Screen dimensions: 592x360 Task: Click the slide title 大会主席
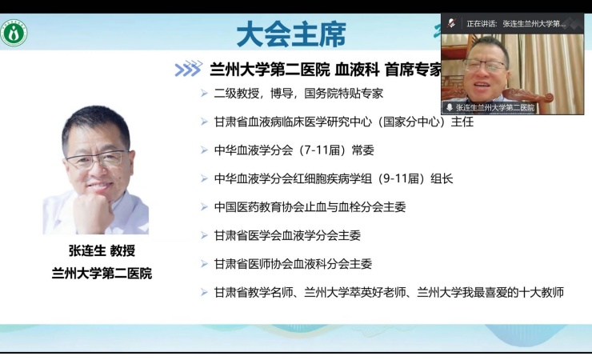pos(291,34)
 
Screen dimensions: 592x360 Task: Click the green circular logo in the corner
pos(14,34)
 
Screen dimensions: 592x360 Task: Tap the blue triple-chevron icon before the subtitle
pos(188,69)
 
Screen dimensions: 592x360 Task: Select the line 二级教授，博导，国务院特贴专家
pos(298,94)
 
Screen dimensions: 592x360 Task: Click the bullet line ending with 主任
pos(343,122)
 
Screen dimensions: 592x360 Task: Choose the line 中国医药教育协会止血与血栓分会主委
pos(310,206)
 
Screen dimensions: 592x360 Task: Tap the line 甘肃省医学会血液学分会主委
pos(287,235)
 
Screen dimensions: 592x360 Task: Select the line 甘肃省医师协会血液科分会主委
pos(293,264)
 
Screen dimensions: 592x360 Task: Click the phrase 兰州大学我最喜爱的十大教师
pos(490,293)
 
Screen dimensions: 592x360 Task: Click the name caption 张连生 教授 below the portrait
pos(102,250)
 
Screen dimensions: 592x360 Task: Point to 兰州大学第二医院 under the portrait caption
pos(102,274)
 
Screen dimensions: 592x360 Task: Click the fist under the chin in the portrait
pos(93,210)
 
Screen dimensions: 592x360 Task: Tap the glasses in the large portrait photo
pos(96,159)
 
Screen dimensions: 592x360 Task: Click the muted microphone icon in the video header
pos(451,23)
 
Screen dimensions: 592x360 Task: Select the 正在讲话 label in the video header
pos(482,24)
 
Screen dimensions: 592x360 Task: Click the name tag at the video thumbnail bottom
pos(490,107)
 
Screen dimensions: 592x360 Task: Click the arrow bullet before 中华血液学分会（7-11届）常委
pos(204,150)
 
